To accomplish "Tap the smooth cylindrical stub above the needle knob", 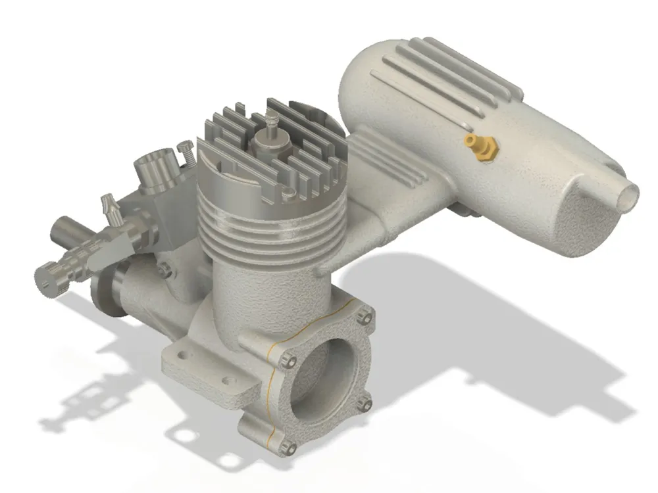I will tap(66, 233).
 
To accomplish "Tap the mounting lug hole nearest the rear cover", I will tap(228, 380).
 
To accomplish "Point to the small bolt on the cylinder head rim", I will tap(288, 193).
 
